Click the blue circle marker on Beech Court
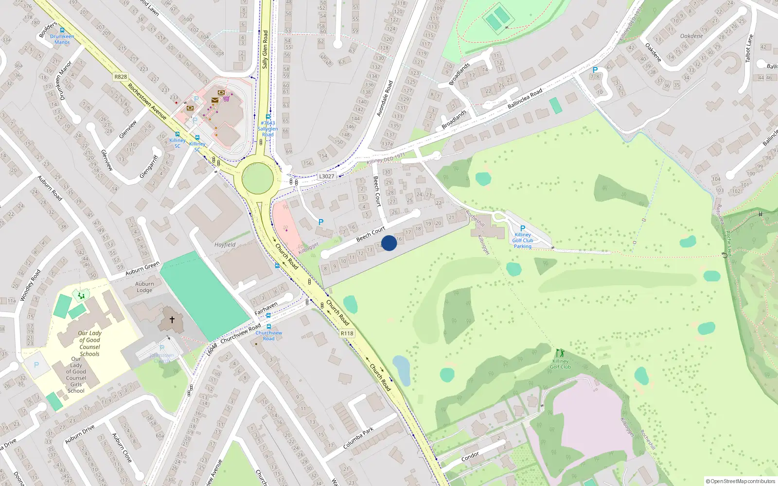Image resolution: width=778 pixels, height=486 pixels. [389, 243]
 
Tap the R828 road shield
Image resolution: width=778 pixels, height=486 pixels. [121, 77]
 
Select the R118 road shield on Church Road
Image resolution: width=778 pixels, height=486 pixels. [347, 333]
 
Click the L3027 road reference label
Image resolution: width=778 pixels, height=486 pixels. [327, 176]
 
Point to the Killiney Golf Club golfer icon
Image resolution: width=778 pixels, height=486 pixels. [560, 353]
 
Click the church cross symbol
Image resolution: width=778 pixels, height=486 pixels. [172, 320]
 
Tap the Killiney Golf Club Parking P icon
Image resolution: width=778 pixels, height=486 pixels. [523, 228]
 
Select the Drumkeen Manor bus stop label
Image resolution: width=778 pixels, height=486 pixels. [62, 39]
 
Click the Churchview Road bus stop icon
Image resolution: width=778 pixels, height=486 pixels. [268, 327]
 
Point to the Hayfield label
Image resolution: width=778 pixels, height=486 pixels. [225, 245]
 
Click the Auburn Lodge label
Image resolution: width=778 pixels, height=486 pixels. [144, 287]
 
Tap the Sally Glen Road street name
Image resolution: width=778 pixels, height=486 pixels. [265, 49]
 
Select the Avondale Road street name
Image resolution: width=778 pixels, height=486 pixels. [385, 99]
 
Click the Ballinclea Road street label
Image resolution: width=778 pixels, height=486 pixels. [525, 99]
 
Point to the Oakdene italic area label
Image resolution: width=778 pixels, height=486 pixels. [691, 36]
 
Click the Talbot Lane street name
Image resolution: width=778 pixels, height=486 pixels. [749, 48]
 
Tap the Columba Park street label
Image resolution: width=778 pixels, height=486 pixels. [358, 438]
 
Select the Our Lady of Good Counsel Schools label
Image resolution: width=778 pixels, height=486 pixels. [89, 344]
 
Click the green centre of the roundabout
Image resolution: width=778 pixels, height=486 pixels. [257, 178]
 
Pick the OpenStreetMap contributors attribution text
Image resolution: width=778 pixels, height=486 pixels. [740, 481]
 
